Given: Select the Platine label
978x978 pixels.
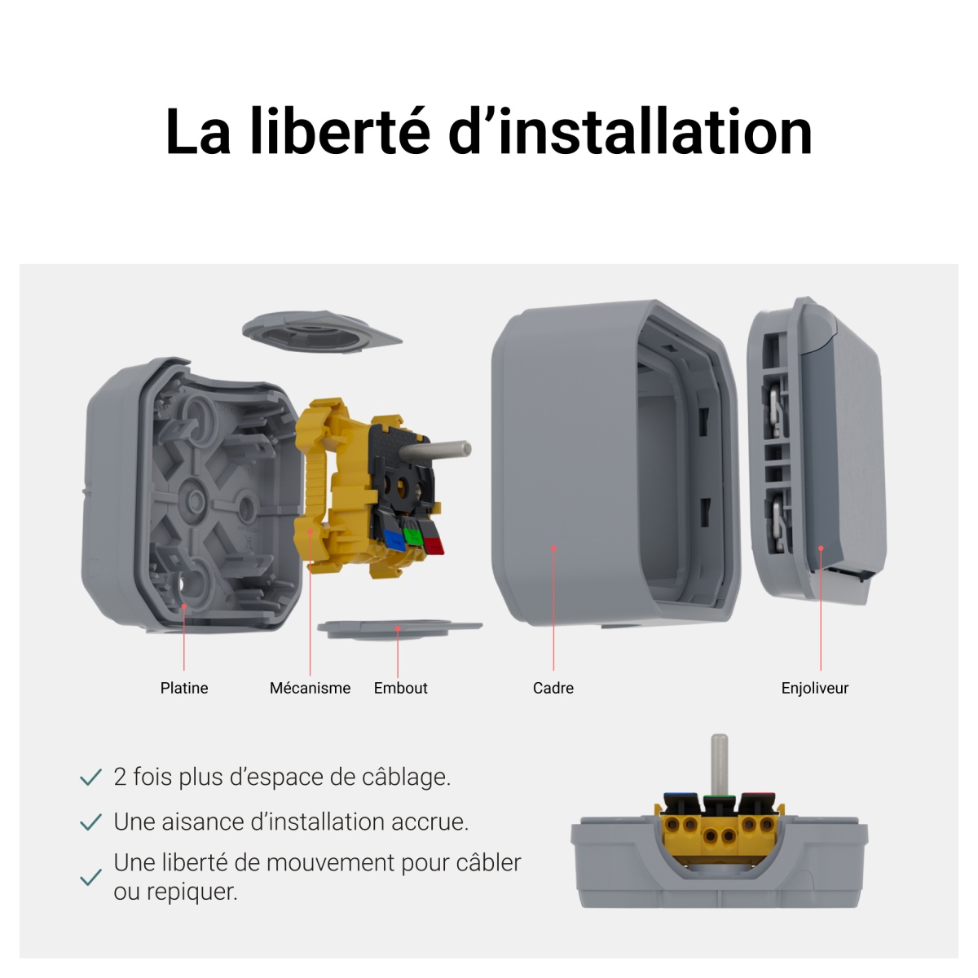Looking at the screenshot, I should click(x=184, y=688).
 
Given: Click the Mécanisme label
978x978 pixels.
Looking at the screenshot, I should click(x=310, y=688).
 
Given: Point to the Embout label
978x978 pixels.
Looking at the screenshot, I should click(x=400, y=688).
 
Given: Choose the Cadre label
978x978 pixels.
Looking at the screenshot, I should click(x=553, y=688).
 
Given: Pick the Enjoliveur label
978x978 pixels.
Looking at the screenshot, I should click(x=815, y=688).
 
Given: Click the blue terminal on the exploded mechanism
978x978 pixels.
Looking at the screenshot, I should click(x=394, y=539).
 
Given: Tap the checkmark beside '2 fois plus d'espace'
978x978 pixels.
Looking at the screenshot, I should click(x=90, y=778).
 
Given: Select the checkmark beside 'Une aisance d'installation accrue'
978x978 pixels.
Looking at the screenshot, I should click(x=90, y=822).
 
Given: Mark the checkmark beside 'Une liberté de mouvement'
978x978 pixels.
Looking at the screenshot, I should click(x=90, y=878).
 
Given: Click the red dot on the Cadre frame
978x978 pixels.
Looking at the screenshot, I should click(x=553, y=548).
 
